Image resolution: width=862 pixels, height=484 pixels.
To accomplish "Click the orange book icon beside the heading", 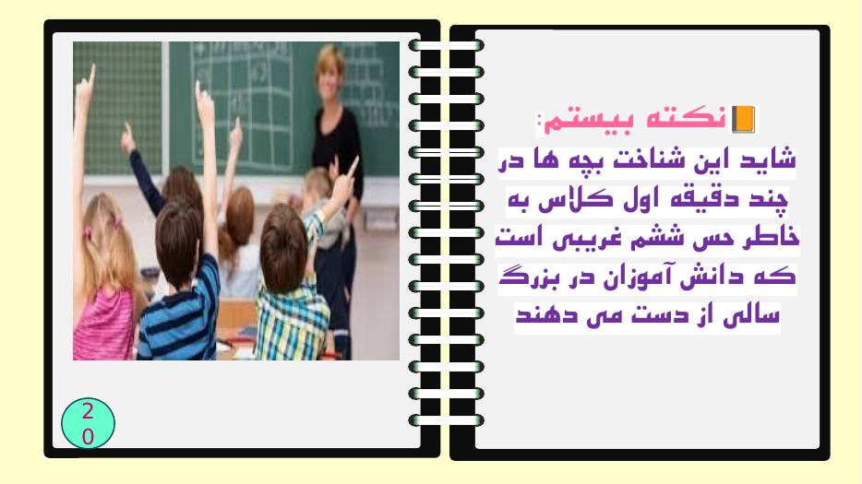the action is pyautogui.click(x=743, y=119).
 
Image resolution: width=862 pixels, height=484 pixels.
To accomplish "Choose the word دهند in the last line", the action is pyautogui.click(x=536, y=316).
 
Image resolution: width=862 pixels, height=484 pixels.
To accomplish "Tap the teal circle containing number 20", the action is pyautogui.click(x=88, y=423).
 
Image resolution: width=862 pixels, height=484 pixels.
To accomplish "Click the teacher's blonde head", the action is pyautogui.click(x=329, y=71).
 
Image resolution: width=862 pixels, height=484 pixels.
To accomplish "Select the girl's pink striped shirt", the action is pyautogui.click(x=104, y=325).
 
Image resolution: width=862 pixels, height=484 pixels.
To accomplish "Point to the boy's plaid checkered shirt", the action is pyautogui.click(x=292, y=319).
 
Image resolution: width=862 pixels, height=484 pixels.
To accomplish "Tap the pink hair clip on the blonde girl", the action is pyautogui.click(x=88, y=232).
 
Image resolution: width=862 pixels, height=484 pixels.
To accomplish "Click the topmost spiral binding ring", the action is pyautogui.click(x=446, y=45).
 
